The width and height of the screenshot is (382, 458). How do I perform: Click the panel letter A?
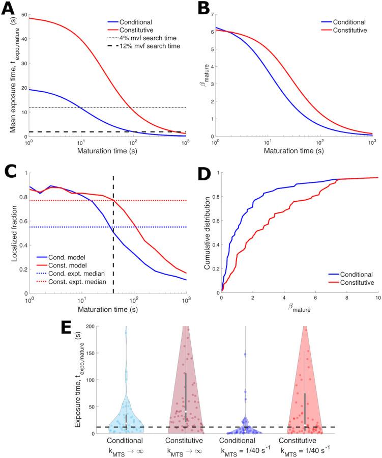click(8, 9)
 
